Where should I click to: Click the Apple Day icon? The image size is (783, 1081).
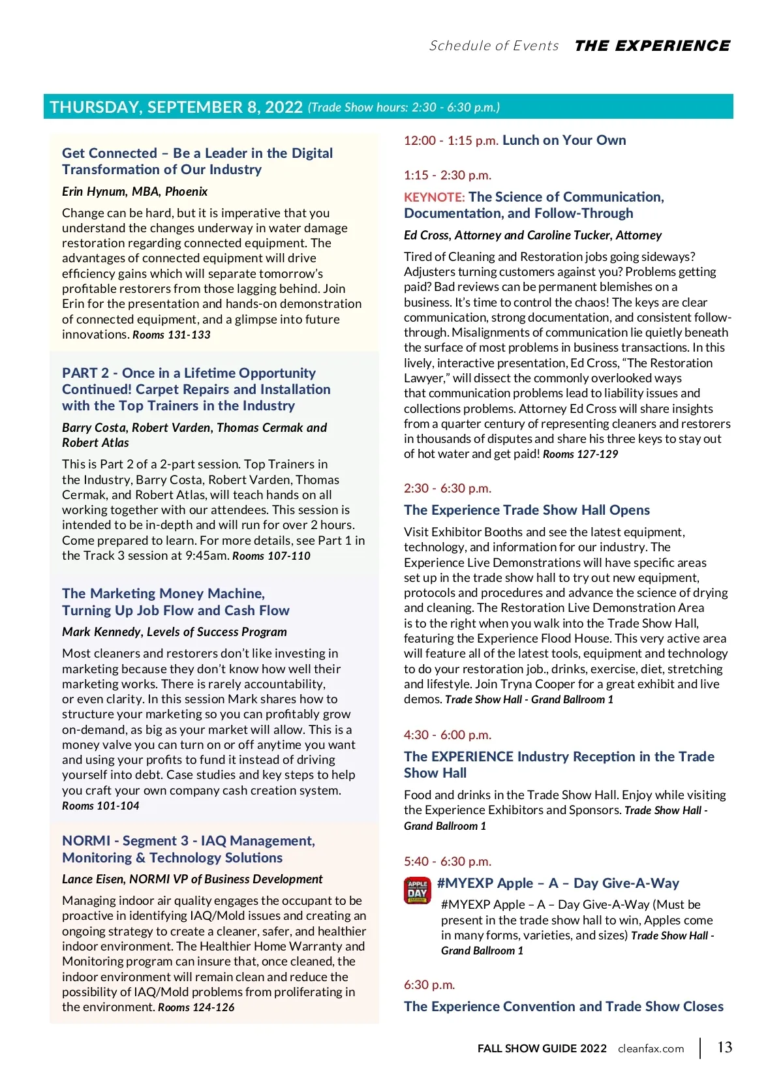click(x=418, y=891)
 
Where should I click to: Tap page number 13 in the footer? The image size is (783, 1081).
click(x=724, y=1047)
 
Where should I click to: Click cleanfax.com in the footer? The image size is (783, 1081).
click(x=651, y=1049)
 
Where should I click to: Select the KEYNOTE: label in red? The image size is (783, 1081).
click(x=434, y=197)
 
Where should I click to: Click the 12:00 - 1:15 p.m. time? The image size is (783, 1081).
click(x=451, y=140)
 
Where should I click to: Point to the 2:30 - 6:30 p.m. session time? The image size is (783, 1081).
click(x=448, y=488)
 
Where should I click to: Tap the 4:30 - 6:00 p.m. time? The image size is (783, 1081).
click(x=448, y=735)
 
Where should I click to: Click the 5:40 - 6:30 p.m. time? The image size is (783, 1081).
click(x=448, y=861)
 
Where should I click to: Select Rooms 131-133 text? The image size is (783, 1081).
click(x=172, y=335)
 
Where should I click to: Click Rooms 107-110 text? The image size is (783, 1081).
click(x=271, y=556)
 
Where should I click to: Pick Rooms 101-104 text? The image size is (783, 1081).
click(x=100, y=806)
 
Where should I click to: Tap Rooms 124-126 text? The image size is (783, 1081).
click(x=196, y=1007)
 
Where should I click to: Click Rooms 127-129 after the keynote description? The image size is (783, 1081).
click(x=580, y=454)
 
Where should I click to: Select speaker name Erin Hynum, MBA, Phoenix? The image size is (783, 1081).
click(x=134, y=191)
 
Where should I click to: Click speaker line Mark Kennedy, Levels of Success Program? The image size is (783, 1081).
click(x=174, y=632)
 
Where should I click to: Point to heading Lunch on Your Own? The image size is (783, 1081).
click(x=564, y=140)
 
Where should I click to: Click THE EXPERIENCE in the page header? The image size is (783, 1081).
click(x=652, y=46)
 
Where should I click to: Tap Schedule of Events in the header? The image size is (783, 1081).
click(x=494, y=46)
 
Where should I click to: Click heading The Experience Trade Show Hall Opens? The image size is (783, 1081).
click(x=527, y=510)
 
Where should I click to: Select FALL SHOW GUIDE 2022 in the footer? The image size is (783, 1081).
click(x=542, y=1048)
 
